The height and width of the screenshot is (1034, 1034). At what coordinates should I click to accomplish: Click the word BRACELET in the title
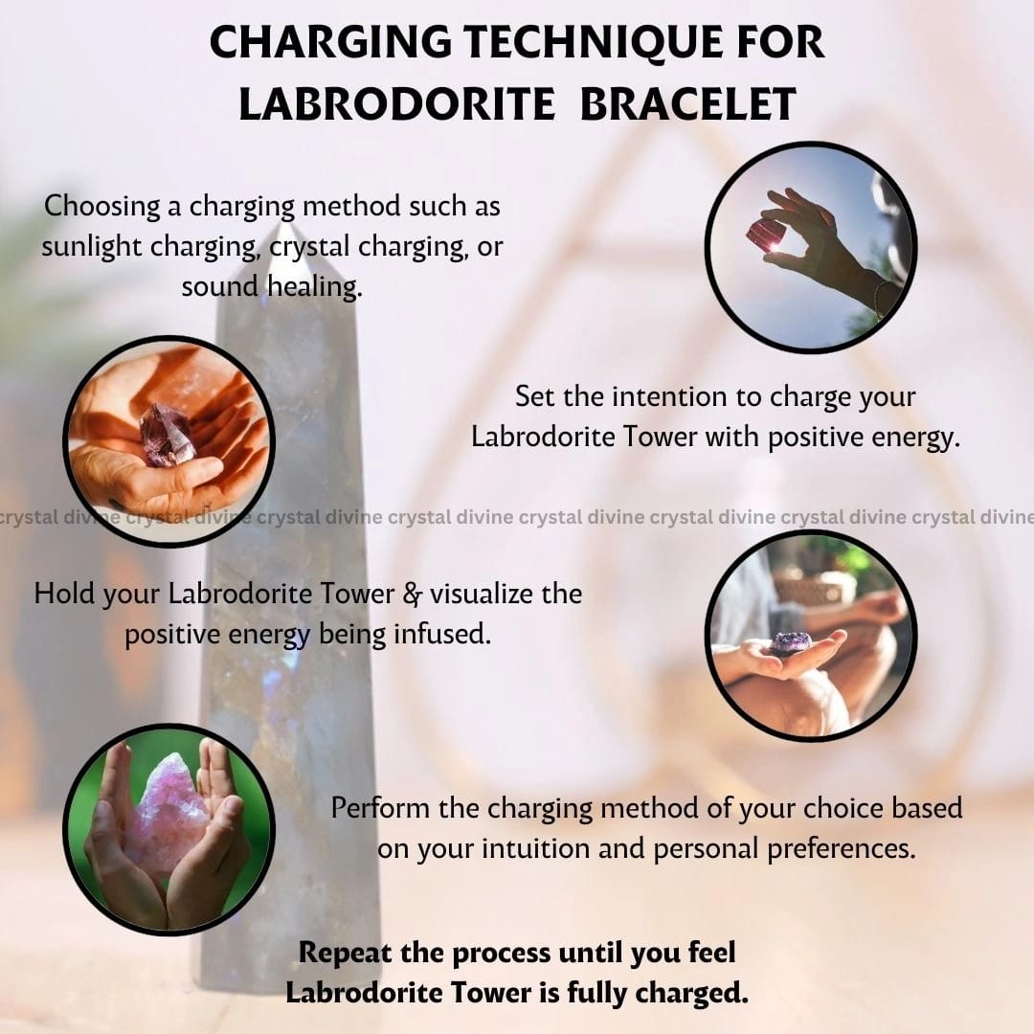click(687, 104)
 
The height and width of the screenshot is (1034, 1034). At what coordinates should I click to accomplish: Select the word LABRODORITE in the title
click(396, 104)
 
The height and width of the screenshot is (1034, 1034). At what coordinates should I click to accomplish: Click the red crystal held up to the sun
click(765, 236)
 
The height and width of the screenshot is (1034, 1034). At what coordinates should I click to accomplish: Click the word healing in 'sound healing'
click(315, 287)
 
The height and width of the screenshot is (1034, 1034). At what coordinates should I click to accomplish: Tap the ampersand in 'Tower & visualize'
click(412, 595)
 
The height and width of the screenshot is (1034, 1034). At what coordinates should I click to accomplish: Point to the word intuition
click(536, 848)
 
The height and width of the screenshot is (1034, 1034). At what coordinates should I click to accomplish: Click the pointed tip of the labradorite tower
click(286, 228)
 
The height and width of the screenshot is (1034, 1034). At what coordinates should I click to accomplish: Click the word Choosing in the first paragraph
click(102, 207)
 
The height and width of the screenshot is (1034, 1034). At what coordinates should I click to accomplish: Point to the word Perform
click(380, 808)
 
